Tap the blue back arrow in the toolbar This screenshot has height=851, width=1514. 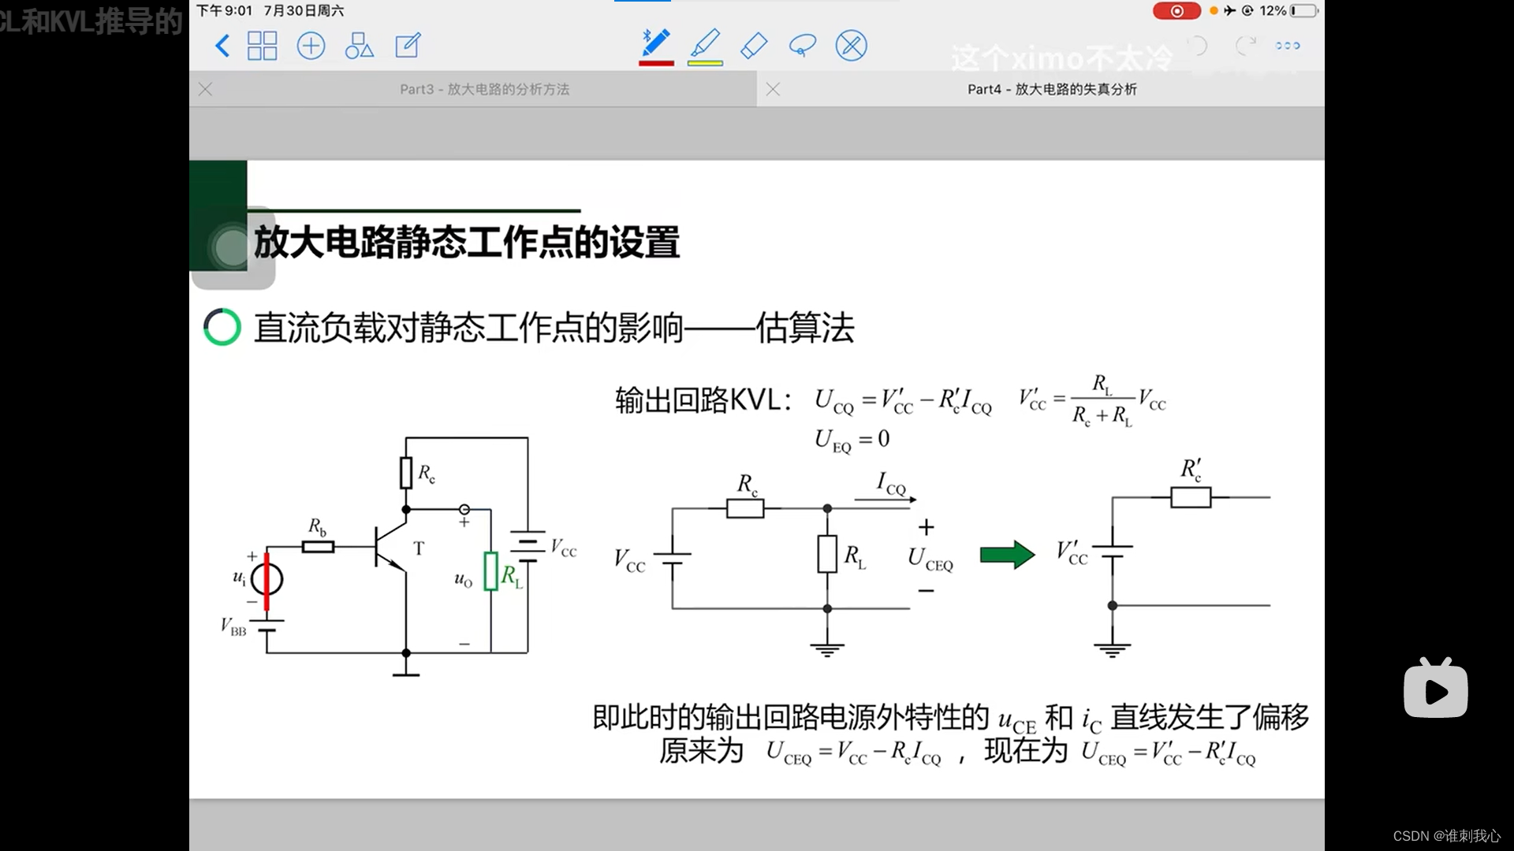(222, 46)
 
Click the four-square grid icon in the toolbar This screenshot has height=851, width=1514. (262, 46)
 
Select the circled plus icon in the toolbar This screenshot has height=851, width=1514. (311, 46)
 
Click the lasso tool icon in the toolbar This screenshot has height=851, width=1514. (802, 46)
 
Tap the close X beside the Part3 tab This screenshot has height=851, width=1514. (206, 89)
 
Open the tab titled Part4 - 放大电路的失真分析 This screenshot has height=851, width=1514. (1052, 89)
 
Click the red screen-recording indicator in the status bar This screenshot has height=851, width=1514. (1176, 11)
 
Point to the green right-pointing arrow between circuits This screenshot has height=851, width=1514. (1007, 555)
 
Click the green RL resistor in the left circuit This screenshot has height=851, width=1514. (490, 571)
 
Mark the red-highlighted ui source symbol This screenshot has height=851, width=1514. (267, 581)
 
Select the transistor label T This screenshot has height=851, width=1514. (419, 548)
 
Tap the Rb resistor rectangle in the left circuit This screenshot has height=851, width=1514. (319, 546)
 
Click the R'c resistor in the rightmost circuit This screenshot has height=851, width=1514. (1191, 497)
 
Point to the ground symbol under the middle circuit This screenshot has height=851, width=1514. (827, 649)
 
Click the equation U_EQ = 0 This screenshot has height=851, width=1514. (852, 440)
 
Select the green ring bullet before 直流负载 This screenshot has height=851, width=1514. (222, 327)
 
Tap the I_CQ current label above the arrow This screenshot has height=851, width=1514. (891, 483)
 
